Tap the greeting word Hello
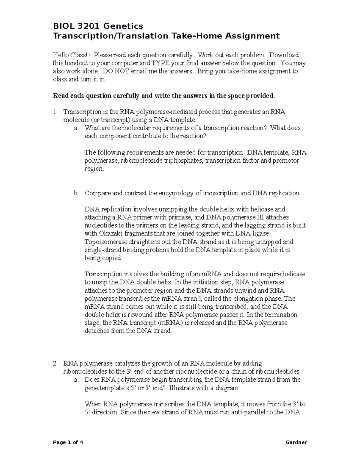tap(61, 55)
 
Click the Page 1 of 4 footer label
tap(68, 442)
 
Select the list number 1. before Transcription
tap(55, 112)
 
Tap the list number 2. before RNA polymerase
tap(55, 363)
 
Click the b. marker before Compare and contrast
tap(76, 193)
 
